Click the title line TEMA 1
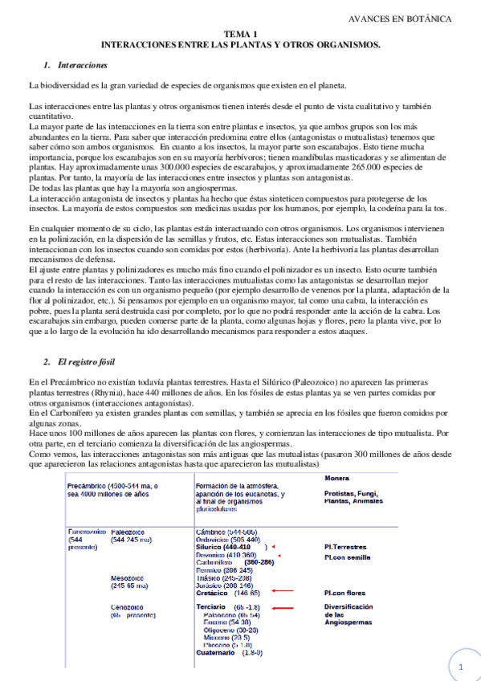tap(240, 35)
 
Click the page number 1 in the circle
tap(461, 666)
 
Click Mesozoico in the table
tap(130, 577)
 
